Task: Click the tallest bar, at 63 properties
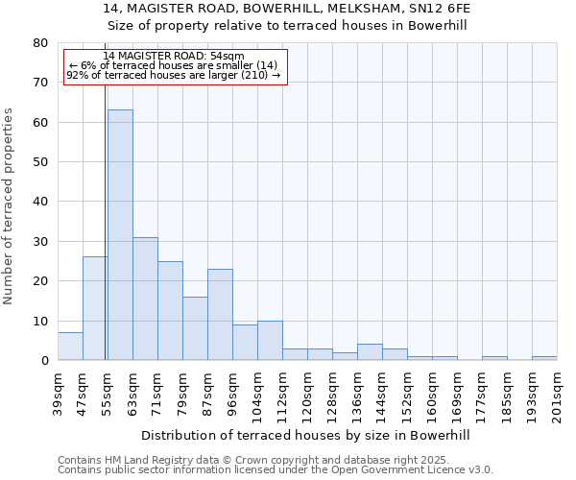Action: (120, 235)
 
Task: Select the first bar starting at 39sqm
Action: (70, 347)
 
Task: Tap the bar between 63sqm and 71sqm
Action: (145, 299)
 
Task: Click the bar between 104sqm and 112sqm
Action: (270, 341)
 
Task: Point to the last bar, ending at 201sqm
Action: (544, 358)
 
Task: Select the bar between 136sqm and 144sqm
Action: (370, 352)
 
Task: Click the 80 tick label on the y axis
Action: (40, 43)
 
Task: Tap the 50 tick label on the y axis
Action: (40, 162)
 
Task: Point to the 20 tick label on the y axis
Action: (40, 281)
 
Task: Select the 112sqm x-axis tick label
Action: (283, 392)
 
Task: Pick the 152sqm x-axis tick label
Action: (408, 392)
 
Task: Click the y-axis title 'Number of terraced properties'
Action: (10, 205)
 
